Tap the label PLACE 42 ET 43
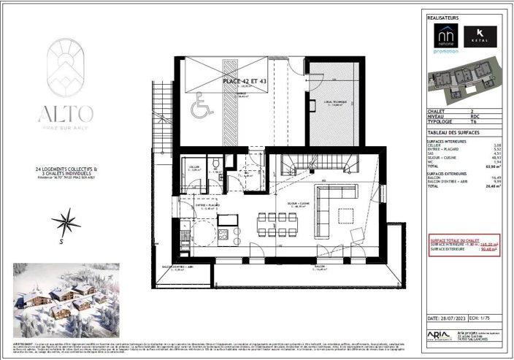pos(248,83)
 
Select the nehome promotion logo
pos(446,38)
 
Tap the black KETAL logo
pos(480,36)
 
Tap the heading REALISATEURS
pos(444,15)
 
